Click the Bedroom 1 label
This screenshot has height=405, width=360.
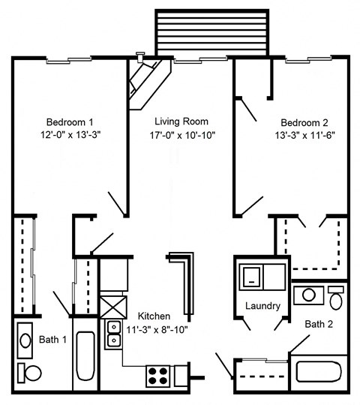point(70,122)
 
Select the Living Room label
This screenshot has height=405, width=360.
point(181,121)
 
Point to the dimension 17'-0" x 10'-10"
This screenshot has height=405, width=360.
point(181,136)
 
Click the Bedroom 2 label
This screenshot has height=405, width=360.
point(304,122)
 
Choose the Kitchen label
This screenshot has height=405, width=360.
point(153,316)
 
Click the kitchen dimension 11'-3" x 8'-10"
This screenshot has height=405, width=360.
point(157,328)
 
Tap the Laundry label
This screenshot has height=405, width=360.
point(262,306)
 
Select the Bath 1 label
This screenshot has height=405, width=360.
point(53,340)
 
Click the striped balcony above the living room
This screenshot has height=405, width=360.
point(211,34)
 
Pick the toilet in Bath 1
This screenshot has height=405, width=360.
point(31,372)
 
